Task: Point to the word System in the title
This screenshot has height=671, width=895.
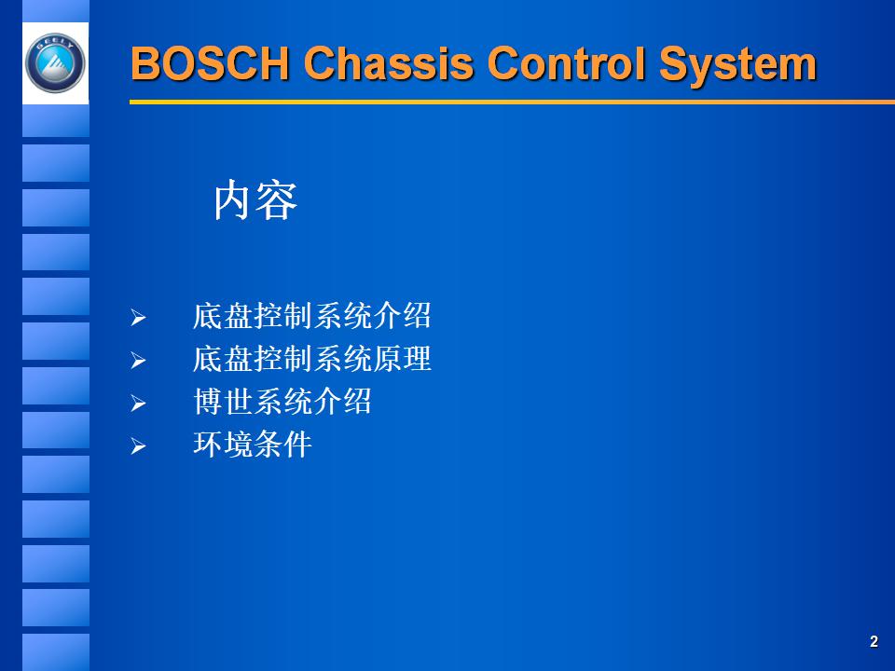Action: tap(737, 64)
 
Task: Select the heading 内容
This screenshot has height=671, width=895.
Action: tap(255, 200)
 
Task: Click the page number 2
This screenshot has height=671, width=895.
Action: tap(874, 641)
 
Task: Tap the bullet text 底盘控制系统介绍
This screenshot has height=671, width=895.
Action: tap(311, 316)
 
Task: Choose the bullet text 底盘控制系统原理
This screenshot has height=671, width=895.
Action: tap(311, 359)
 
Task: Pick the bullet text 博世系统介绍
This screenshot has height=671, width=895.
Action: tap(282, 402)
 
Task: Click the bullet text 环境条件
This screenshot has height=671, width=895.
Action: tap(252, 445)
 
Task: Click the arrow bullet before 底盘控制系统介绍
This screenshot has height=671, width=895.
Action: tap(138, 319)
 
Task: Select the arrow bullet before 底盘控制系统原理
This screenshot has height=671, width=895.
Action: tap(138, 362)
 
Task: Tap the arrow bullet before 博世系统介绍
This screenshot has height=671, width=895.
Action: tap(138, 404)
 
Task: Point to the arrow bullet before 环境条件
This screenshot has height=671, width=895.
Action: tap(138, 447)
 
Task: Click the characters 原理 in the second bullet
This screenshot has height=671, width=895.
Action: tap(402, 359)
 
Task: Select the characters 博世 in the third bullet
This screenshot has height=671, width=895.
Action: tap(223, 402)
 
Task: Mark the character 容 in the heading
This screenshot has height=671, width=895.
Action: tap(278, 200)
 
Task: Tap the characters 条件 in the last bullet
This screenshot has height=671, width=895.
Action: tap(282, 445)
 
